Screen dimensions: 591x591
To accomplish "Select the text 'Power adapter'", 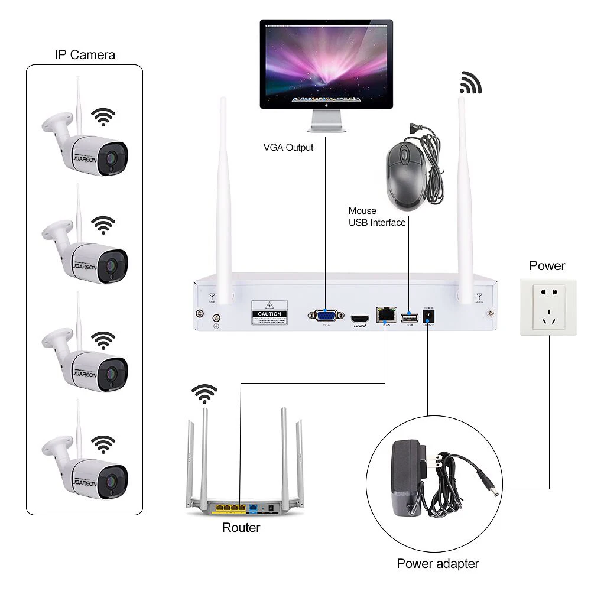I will coord(437,563).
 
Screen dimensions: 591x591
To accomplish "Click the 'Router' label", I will coord(241,528).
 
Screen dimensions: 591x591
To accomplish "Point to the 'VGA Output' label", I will coord(288,147).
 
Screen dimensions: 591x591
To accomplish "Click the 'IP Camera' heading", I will coord(85,55).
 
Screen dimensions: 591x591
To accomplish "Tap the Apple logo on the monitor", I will coord(326,103).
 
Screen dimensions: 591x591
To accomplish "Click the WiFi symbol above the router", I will coord(205,394).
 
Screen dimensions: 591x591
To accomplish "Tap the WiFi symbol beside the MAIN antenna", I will coord(471,83).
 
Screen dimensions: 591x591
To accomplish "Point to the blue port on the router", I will coord(253,507).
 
